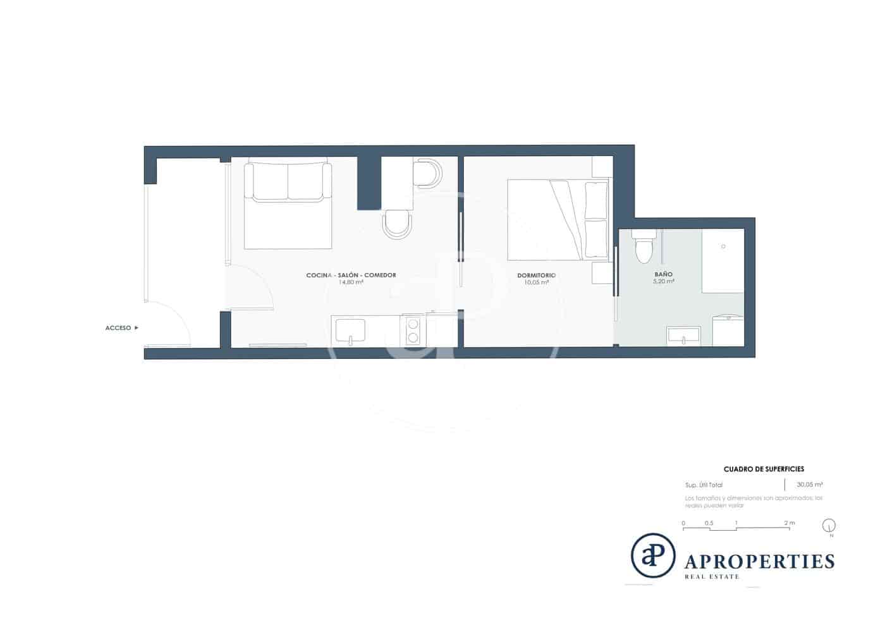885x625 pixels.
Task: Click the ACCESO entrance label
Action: (x=118, y=328)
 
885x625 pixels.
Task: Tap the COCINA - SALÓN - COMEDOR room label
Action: (x=351, y=275)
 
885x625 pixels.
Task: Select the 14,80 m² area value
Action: (x=351, y=282)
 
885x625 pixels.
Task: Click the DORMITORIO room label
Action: (x=536, y=275)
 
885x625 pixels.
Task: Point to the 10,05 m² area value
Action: (x=536, y=282)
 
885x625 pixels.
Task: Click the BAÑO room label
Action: (x=663, y=274)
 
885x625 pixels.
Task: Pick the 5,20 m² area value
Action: (x=663, y=282)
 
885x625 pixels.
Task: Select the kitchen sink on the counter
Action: (x=350, y=331)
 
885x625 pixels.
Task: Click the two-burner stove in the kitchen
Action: (x=413, y=330)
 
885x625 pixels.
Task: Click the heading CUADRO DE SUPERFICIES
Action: (x=764, y=470)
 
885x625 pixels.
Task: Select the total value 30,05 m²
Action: (x=809, y=485)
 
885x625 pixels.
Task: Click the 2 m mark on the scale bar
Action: (x=789, y=523)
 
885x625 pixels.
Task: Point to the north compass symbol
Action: (x=829, y=525)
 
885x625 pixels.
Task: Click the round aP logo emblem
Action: (x=653, y=555)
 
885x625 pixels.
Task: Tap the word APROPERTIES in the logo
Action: (x=759, y=561)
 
